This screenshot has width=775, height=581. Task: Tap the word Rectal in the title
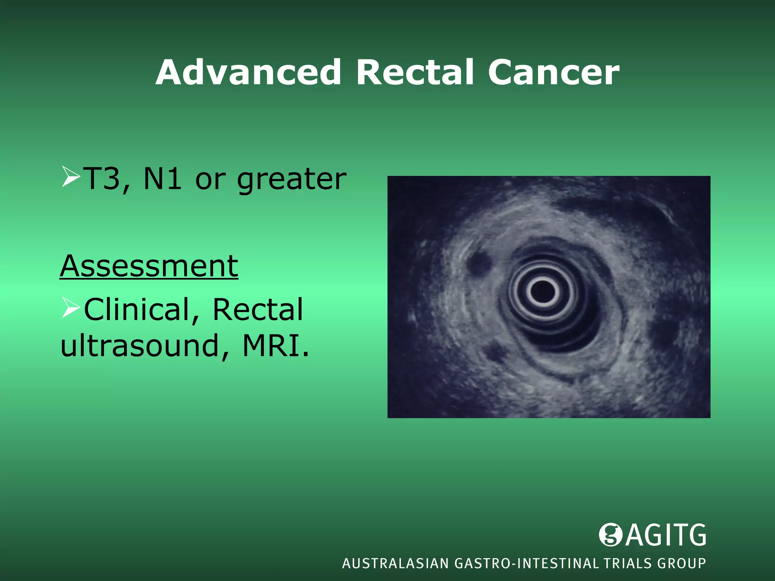click(x=415, y=73)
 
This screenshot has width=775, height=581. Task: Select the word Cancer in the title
click(x=554, y=73)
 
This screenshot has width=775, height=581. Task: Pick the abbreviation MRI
click(x=273, y=345)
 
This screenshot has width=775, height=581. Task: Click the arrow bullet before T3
click(x=70, y=177)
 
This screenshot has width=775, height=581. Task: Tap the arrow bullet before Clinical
click(x=70, y=308)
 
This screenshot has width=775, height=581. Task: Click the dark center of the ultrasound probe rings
click(x=543, y=292)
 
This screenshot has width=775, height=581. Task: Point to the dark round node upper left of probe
click(x=479, y=263)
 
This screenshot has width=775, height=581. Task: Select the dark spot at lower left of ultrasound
click(x=496, y=353)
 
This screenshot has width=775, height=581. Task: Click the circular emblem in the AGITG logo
click(x=610, y=535)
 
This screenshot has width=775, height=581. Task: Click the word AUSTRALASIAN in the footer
click(x=395, y=564)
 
